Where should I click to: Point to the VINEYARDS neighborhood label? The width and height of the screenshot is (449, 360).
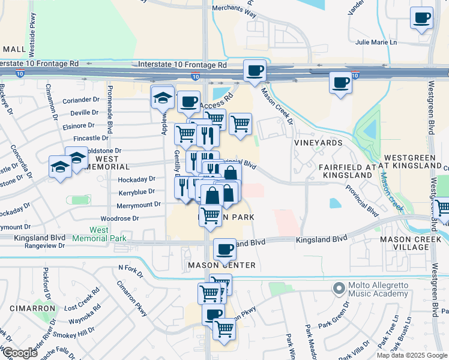[x=318, y=143]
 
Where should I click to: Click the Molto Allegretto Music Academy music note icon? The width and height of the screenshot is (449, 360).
[x=339, y=289]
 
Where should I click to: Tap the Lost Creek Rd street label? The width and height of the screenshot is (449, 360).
[x=81, y=302]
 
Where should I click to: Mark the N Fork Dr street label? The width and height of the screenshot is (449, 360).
[x=132, y=268]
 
